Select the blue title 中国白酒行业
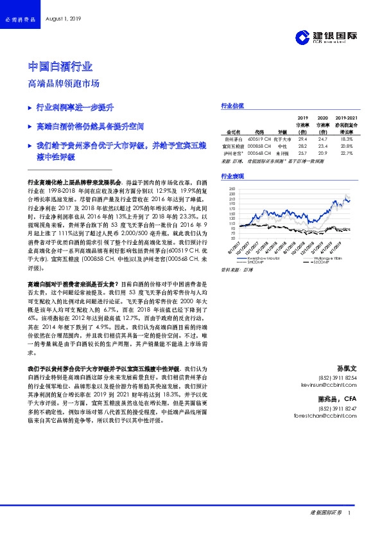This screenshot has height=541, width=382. pos(61,67)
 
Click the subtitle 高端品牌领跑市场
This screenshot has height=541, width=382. pos(64,84)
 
